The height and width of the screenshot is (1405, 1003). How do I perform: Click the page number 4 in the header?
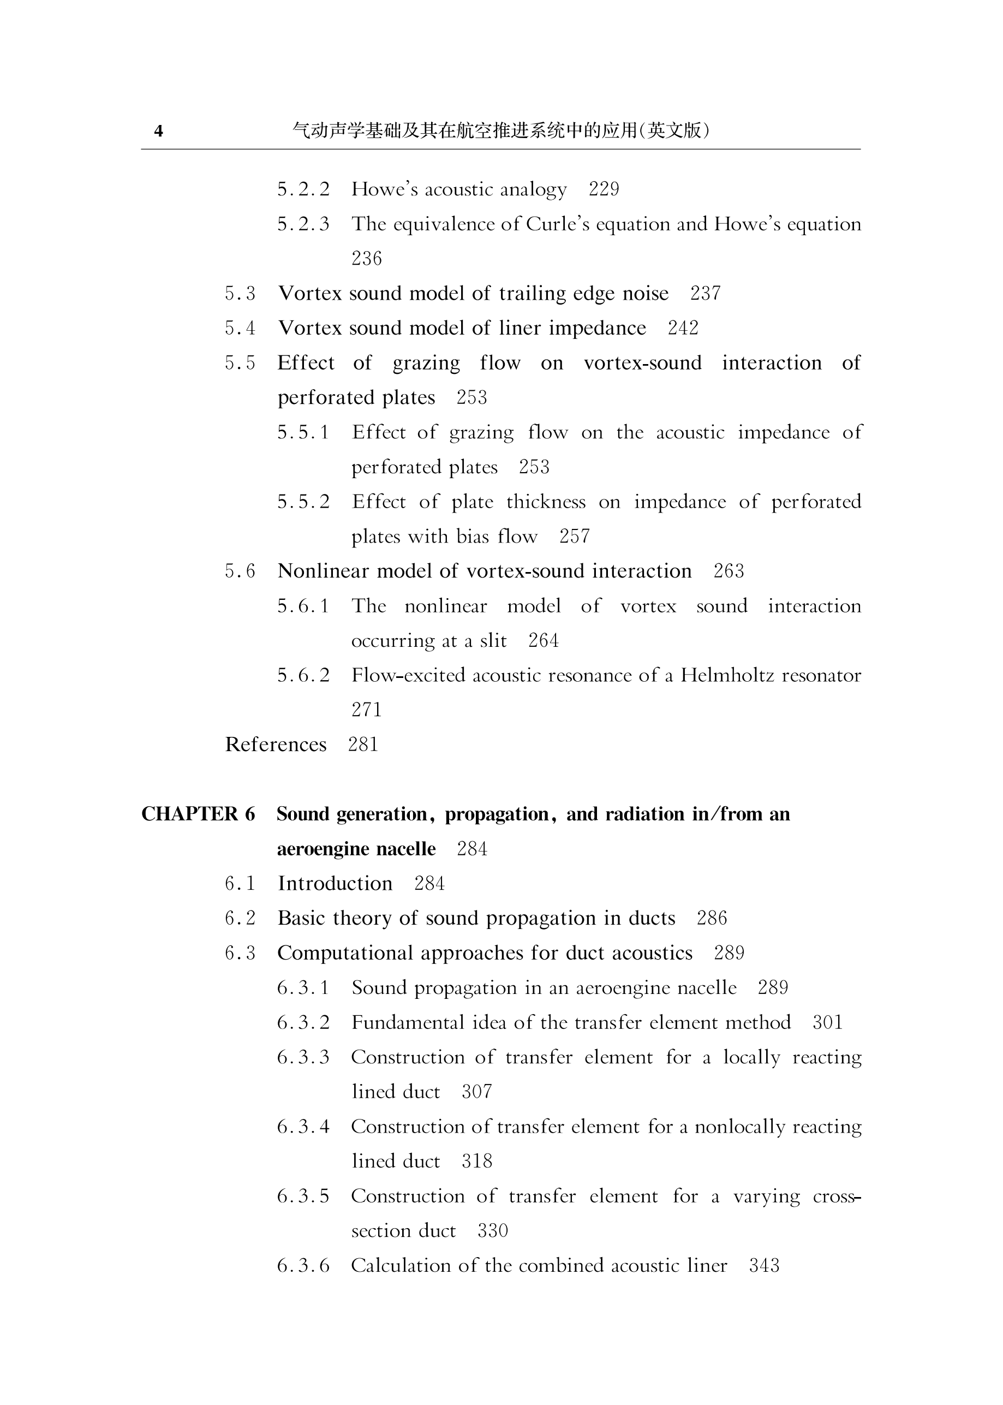(x=159, y=131)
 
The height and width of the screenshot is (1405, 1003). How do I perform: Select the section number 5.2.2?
(x=303, y=189)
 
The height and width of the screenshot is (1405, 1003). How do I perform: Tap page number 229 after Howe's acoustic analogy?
(x=604, y=189)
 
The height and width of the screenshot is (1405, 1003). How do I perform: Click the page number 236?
(x=367, y=258)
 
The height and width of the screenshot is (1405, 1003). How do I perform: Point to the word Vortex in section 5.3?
(x=311, y=293)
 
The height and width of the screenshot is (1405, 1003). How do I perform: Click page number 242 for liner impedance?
(x=683, y=328)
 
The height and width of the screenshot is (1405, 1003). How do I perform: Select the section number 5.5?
(x=240, y=362)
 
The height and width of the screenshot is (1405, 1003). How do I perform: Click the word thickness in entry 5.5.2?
(x=545, y=502)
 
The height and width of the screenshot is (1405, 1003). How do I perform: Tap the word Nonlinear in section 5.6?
(x=324, y=571)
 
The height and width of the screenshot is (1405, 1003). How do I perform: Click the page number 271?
(x=367, y=710)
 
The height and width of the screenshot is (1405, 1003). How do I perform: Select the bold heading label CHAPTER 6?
(x=198, y=814)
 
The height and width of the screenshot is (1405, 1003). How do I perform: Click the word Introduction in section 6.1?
(x=335, y=884)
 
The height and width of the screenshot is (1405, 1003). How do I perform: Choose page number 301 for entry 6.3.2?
(x=827, y=1023)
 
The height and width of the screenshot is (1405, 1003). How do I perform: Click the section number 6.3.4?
(x=303, y=1127)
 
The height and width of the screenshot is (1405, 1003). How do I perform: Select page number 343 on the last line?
(x=764, y=1266)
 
